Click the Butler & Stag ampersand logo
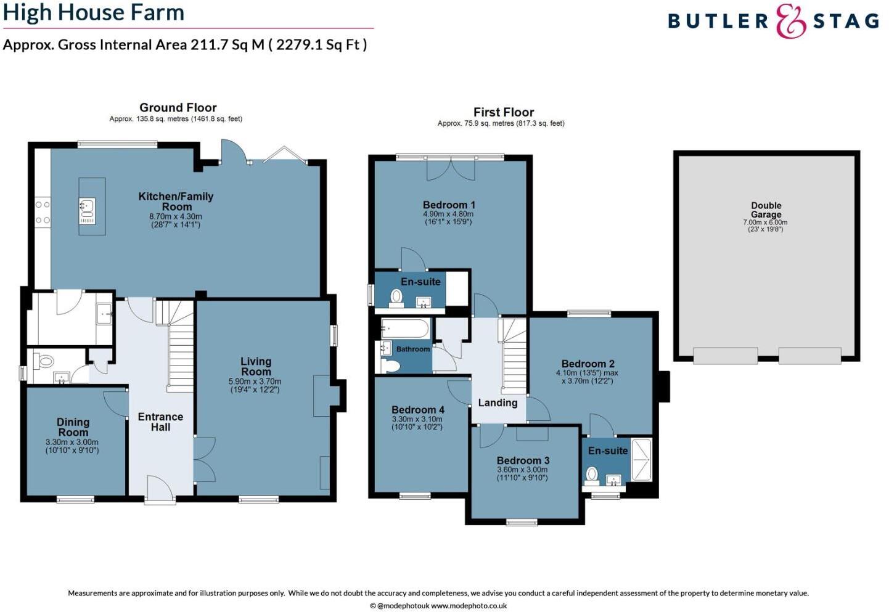pyautogui.click(x=791, y=21)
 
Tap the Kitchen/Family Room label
pyautogui.click(x=176, y=202)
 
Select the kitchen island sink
pyautogui.click(x=86, y=206)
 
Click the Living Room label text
pyautogui.click(x=255, y=366)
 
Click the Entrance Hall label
pyautogui.click(x=160, y=422)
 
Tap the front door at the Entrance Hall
pyautogui.click(x=160, y=490)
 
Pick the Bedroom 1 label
pyautogui.click(x=449, y=205)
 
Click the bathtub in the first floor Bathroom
pyautogui.click(x=405, y=328)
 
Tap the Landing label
pyautogui.click(x=498, y=402)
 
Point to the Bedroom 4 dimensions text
pyautogui.click(x=417, y=423)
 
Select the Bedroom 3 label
pyautogui.click(x=523, y=460)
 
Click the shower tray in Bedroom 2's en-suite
pyautogui.click(x=641, y=459)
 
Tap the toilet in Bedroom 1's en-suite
pyautogui.click(x=396, y=297)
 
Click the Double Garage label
pyautogui.click(x=766, y=210)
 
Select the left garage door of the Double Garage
pyautogui.click(x=725, y=356)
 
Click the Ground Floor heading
pyautogui.click(x=178, y=107)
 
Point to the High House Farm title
pyautogui.click(x=94, y=12)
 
